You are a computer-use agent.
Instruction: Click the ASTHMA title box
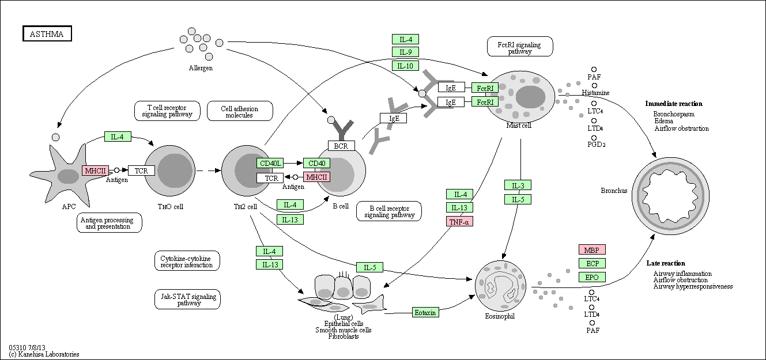click(47, 33)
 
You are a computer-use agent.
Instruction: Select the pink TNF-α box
click(459, 222)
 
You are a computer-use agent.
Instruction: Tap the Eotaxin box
click(425, 312)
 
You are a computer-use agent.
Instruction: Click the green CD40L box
click(270, 163)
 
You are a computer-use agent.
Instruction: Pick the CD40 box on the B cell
click(316, 163)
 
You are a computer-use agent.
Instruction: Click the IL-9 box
click(406, 52)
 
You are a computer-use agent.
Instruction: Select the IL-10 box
click(406, 66)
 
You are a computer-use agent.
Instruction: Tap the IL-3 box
click(518, 185)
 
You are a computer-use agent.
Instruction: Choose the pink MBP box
click(592, 249)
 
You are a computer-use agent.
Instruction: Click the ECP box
click(592, 263)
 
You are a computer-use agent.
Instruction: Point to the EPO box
click(592, 277)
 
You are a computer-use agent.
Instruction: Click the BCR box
click(341, 146)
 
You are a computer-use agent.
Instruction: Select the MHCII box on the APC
click(96, 170)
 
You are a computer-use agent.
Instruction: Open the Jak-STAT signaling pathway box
click(187, 300)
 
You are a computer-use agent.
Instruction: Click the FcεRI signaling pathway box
click(520, 47)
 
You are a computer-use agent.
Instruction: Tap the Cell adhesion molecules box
click(240, 111)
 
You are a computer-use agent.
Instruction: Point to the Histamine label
click(596, 93)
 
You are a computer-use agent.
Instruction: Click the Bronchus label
click(614, 191)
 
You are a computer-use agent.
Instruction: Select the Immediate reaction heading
click(674, 104)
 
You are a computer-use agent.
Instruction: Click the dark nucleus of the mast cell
click(530, 97)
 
